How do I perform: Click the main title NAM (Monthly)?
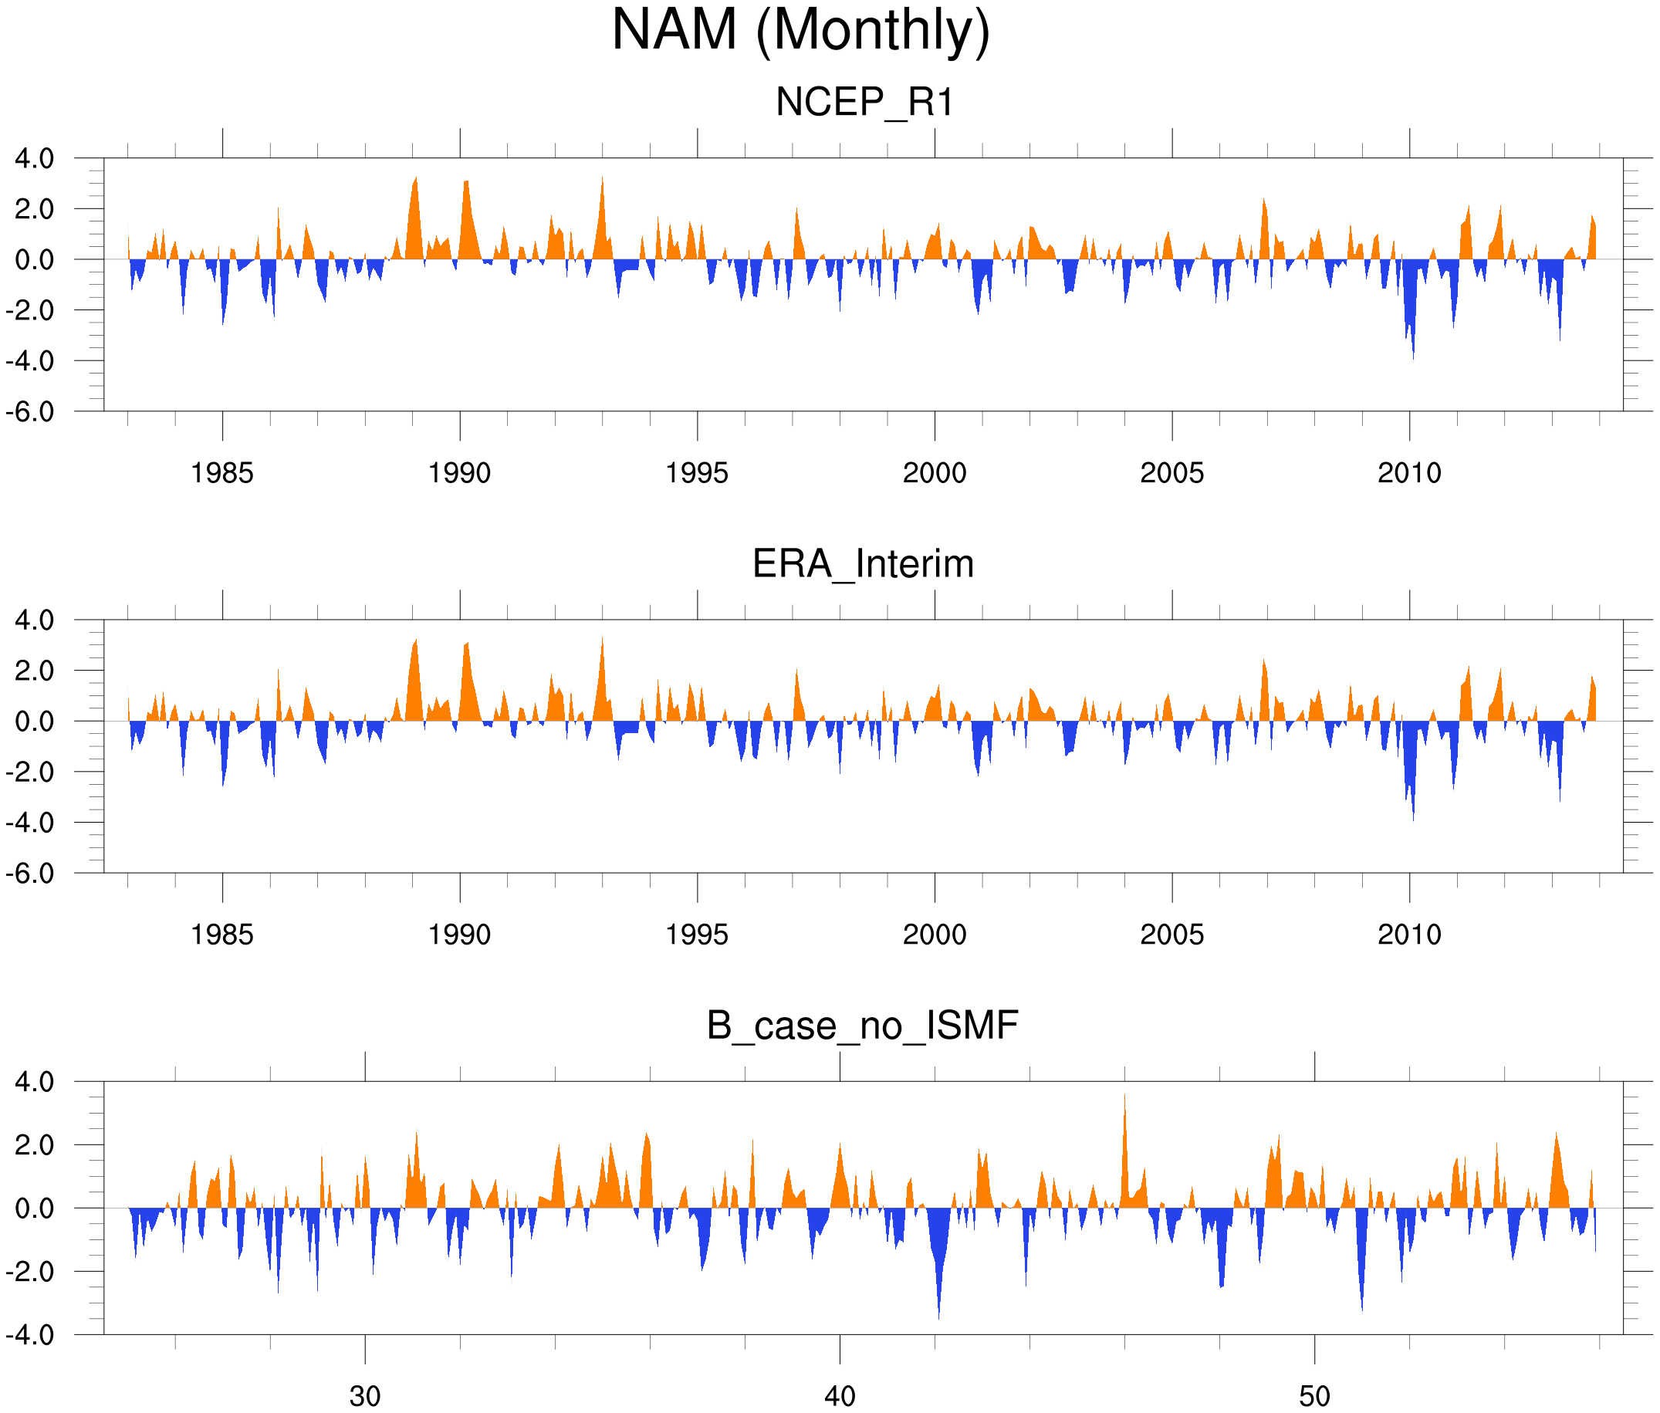[x=800, y=30]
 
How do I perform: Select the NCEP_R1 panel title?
[x=864, y=103]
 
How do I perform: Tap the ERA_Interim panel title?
[x=863, y=564]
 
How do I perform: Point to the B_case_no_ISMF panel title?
[x=862, y=1026]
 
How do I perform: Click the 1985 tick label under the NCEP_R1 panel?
[x=222, y=473]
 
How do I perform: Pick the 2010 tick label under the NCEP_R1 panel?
[x=1409, y=473]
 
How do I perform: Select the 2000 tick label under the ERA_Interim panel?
[x=934, y=935]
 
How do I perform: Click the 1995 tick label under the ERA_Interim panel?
[x=697, y=935]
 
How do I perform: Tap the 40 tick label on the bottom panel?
[x=840, y=1396]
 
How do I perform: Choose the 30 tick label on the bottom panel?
[x=365, y=1396]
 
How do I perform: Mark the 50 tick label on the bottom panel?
[x=1315, y=1396]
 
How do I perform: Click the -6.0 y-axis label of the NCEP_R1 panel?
[x=30, y=412]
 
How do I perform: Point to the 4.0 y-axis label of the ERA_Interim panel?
[x=35, y=620]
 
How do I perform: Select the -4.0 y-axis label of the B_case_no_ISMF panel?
[x=30, y=1335]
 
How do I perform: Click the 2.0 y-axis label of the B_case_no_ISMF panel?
[x=35, y=1144]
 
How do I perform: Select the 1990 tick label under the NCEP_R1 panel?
[x=459, y=473]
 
